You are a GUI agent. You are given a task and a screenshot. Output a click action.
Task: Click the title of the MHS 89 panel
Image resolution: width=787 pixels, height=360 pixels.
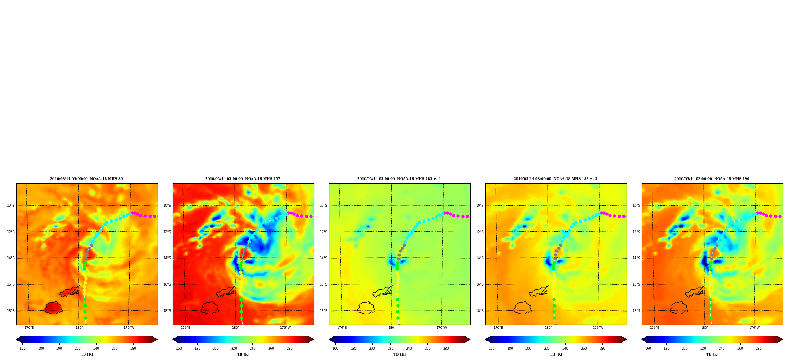pos(86,179)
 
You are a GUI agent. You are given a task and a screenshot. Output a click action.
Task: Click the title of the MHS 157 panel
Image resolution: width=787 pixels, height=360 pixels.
pos(243,179)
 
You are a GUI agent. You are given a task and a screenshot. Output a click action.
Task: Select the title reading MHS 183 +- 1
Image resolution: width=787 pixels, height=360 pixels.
pos(399,179)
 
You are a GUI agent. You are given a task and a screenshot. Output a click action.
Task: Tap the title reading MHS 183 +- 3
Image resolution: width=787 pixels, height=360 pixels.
pos(555,179)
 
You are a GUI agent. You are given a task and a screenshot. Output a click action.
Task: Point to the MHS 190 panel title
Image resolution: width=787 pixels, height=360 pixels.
pos(712,179)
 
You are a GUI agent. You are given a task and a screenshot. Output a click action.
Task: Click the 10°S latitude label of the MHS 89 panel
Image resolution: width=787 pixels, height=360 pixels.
pos(11,206)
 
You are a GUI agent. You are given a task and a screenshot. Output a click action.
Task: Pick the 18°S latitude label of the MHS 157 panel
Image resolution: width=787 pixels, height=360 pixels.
pos(167,311)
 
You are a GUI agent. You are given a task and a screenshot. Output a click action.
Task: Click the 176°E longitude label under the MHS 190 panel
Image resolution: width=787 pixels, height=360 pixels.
pos(655,328)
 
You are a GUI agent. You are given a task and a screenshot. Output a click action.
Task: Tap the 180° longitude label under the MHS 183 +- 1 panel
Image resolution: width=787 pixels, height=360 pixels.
pos(392,328)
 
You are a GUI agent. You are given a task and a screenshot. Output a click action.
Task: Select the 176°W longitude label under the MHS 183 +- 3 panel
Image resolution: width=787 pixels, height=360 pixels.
pos(598,328)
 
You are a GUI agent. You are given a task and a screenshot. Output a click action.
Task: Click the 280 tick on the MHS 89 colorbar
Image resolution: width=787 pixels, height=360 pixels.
pos(133,348)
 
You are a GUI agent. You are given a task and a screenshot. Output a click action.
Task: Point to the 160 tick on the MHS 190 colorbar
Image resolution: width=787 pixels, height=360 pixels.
pos(648,348)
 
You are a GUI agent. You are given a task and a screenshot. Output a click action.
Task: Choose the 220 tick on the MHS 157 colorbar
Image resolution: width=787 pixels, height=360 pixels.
pos(234,348)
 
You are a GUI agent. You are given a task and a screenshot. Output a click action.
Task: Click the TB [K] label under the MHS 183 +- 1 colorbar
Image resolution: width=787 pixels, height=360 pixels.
pos(399,354)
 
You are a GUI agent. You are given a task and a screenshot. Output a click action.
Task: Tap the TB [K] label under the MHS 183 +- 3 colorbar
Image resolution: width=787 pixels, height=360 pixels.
pos(556,354)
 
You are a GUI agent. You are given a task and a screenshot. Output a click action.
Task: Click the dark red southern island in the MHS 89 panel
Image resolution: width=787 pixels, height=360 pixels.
pos(53,308)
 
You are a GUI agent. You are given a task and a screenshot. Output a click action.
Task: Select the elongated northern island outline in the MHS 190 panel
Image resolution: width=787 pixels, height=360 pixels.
pos(695,291)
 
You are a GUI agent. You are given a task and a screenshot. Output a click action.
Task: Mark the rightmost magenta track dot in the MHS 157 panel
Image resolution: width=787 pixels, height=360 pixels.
pos(311,216)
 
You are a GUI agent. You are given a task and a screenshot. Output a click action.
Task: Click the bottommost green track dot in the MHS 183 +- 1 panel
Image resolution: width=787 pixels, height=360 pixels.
pos(398,318)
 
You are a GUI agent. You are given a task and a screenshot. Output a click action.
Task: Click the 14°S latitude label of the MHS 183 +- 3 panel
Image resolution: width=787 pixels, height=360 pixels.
pos(480,258)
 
